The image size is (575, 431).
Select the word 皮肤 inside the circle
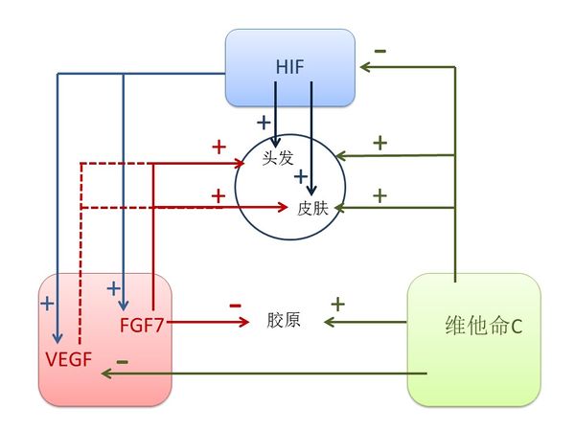[x=313, y=206]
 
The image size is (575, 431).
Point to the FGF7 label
[x=142, y=323]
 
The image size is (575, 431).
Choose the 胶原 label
[x=284, y=320]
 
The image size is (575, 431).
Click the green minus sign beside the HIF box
[x=380, y=50]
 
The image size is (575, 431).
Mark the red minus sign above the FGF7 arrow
[x=235, y=305]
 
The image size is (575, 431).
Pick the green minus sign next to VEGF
[x=122, y=362]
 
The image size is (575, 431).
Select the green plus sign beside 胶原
[x=337, y=305]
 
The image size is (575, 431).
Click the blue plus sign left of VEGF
[x=47, y=303]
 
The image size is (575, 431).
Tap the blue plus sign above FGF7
[x=113, y=286]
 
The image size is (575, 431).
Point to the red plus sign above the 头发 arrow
[x=218, y=147]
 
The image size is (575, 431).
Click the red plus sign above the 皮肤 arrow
[x=218, y=194]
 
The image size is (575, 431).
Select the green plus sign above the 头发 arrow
[x=379, y=143]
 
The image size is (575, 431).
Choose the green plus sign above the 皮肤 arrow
[x=379, y=194]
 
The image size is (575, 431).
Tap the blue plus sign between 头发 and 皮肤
[x=300, y=176]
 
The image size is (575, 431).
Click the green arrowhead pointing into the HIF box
[x=363, y=67]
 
